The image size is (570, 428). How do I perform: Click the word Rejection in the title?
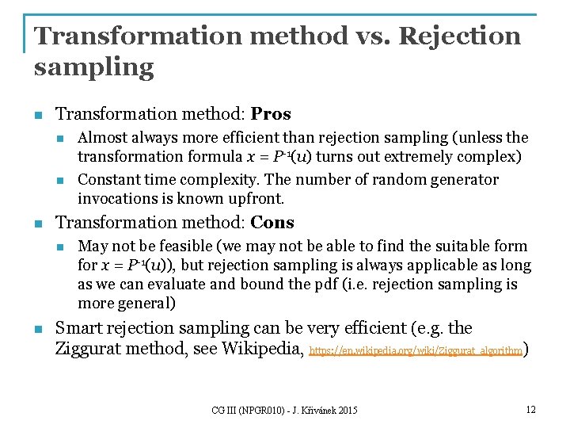pyautogui.click(x=460, y=36)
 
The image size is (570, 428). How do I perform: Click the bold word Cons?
pyautogui.click(x=272, y=223)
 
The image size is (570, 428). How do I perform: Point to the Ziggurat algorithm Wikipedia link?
pyautogui.click(x=416, y=350)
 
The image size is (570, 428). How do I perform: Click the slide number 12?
pyautogui.click(x=530, y=409)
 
